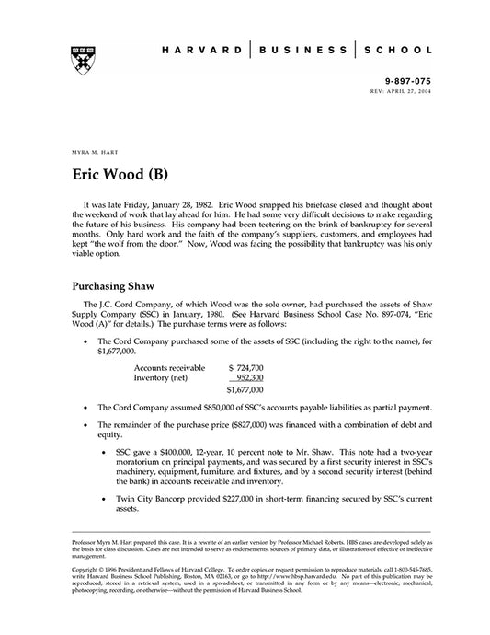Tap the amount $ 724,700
pos(245,366)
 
